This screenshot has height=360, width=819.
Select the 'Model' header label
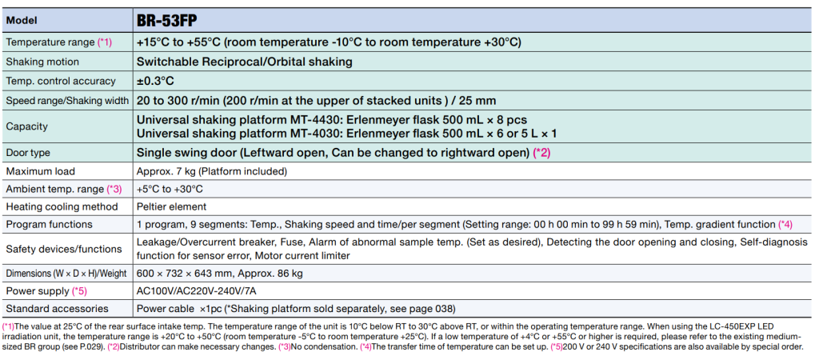[22, 22]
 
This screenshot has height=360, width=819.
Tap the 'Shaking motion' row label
[42, 62]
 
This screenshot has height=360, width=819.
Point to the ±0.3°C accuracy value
[155, 81]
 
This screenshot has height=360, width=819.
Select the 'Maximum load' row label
[40, 171]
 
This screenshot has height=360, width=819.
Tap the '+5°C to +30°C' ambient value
[170, 189]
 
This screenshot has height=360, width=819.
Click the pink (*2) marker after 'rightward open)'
[541, 153]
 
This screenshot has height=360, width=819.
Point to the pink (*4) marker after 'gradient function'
[785, 224]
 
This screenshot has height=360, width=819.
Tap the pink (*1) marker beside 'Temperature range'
[105, 42]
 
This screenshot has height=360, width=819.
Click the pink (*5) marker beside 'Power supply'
[79, 290]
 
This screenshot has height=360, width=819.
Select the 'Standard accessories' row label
[57, 308]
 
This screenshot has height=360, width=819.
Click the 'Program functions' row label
[49, 224]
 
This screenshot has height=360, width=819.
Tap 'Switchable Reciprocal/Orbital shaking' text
[245, 62]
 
